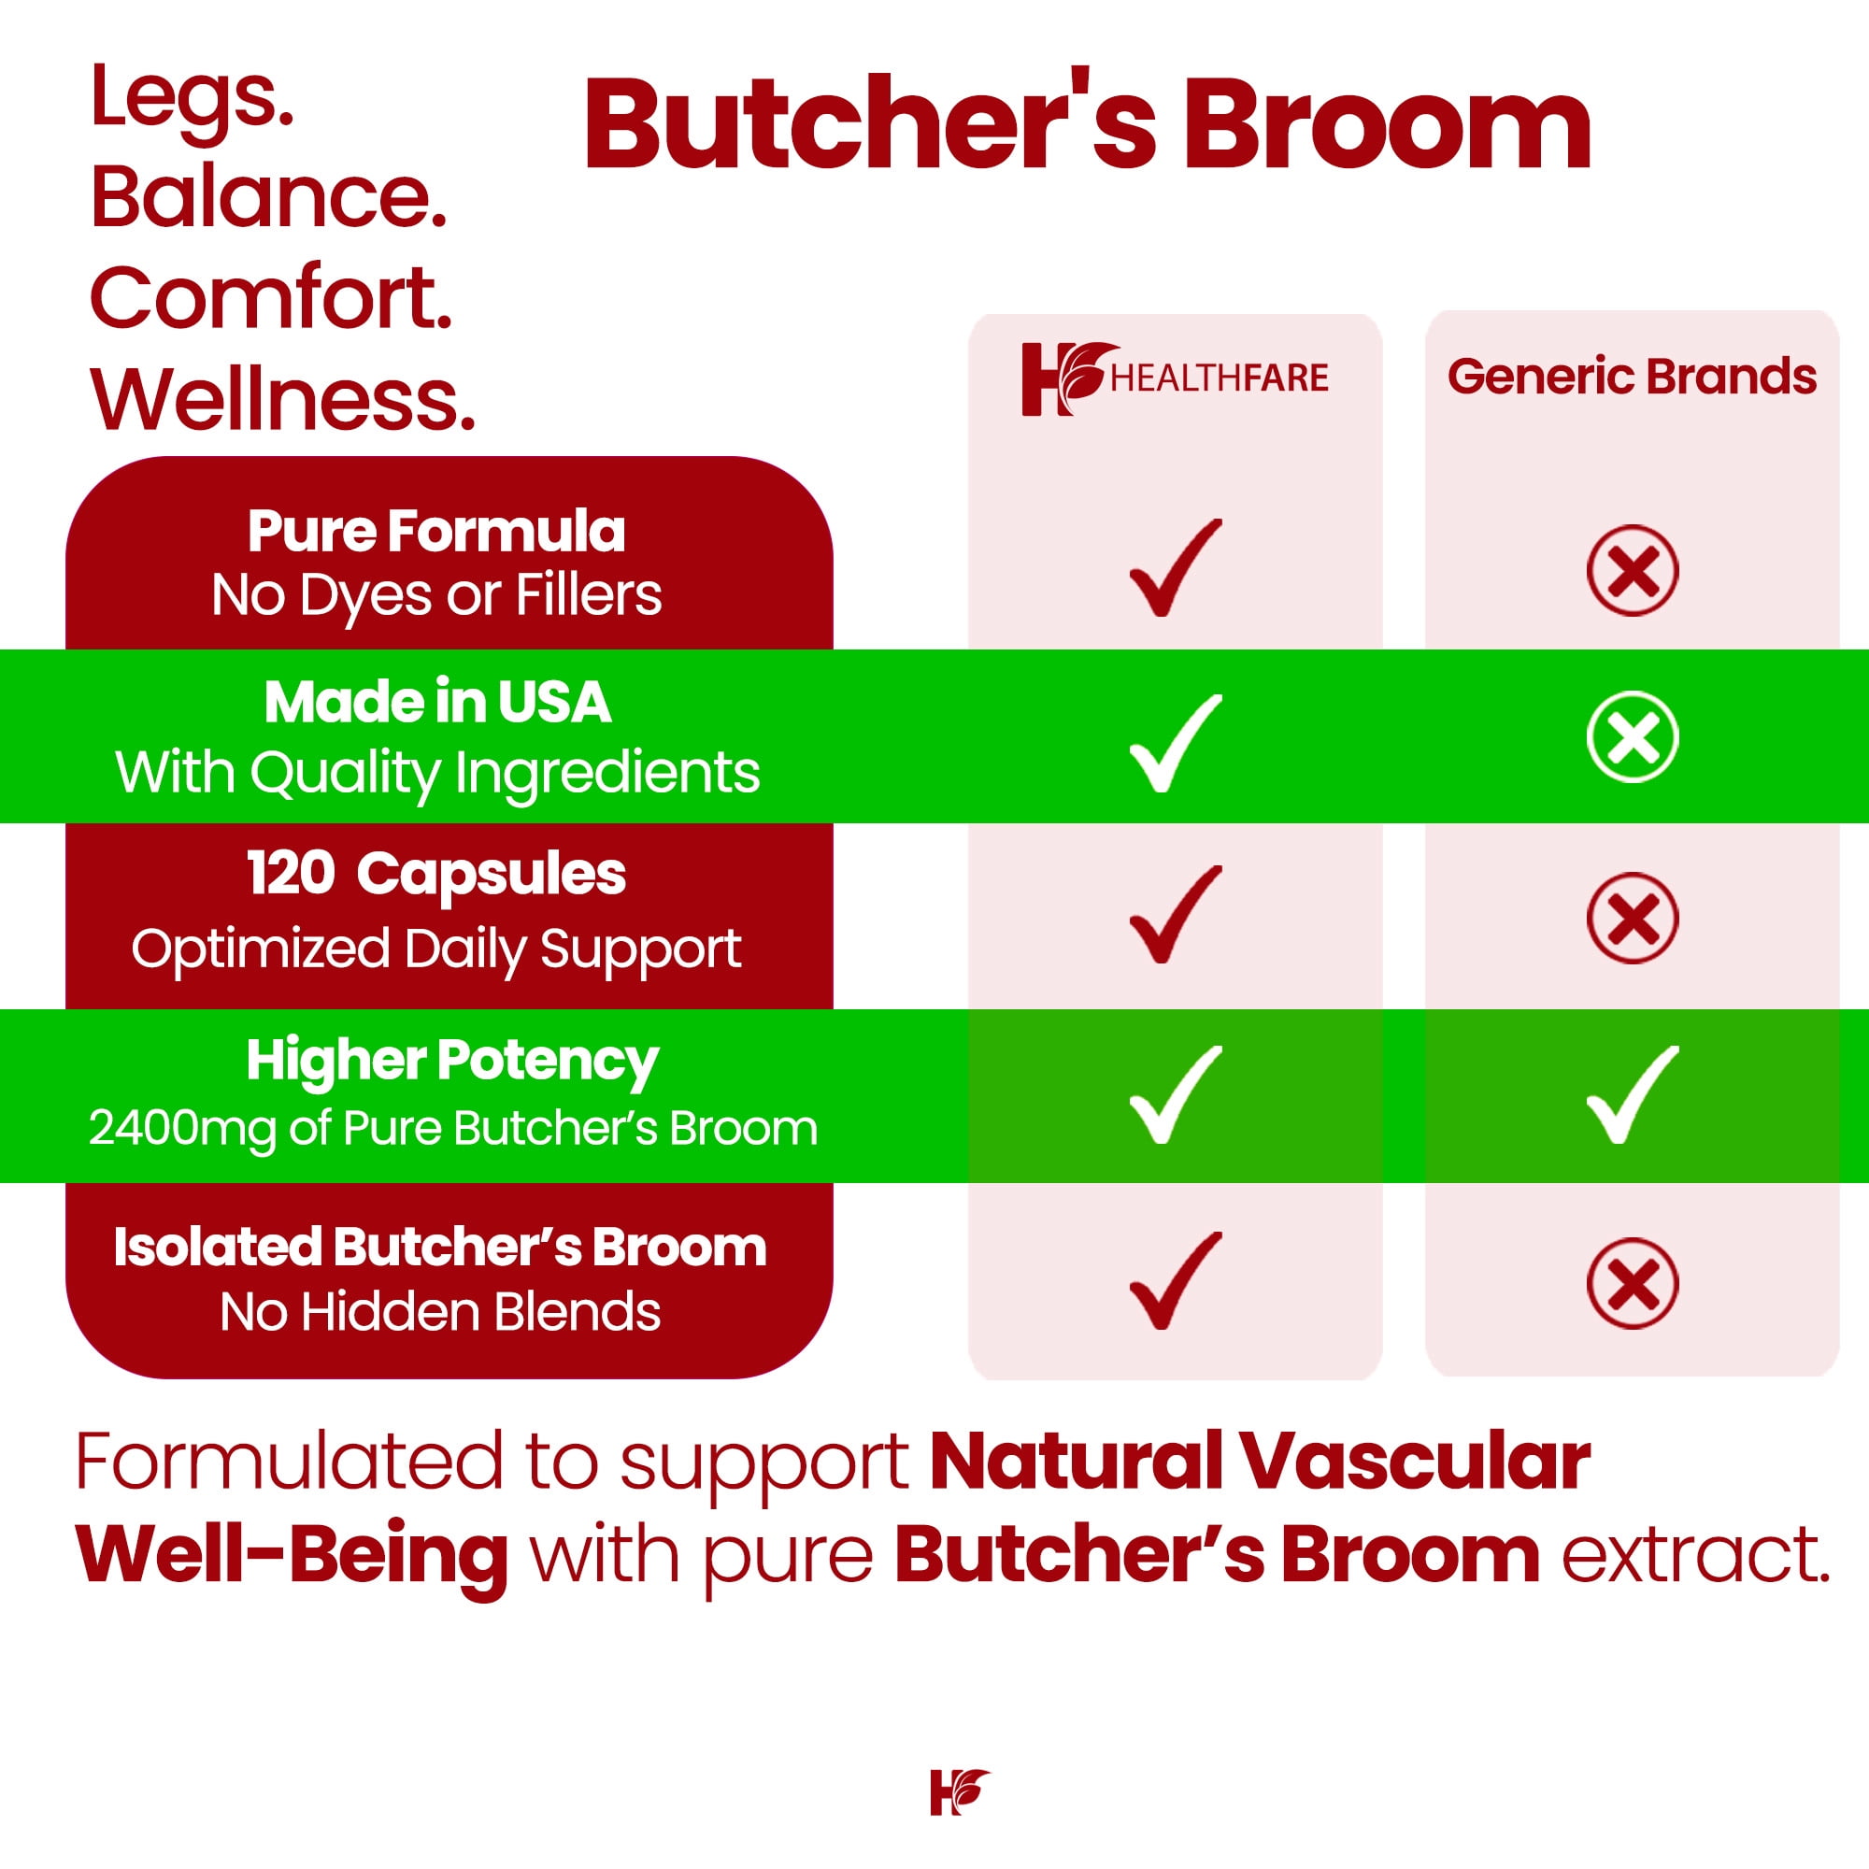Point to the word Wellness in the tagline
(282, 399)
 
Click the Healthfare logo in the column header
(1175, 378)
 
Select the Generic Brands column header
(1632, 377)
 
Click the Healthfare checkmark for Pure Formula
(1176, 568)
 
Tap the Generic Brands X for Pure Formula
(1632, 570)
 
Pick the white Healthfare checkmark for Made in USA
(1176, 743)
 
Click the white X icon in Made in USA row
(1632, 737)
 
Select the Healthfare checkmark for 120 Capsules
(1176, 915)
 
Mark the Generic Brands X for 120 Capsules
(1632, 918)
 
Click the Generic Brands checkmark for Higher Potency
(1632, 1094)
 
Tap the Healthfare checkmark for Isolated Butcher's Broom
(1176, 1282)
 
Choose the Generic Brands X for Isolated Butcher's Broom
(1632, 1283)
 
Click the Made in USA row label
(437, 702)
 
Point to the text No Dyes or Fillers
(436, 594)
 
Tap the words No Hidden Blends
(440, 1312)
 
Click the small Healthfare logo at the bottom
(960, 1791)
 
